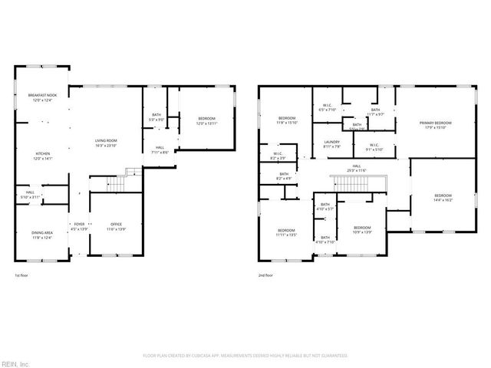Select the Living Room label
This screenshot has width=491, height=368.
[x=106, y=143]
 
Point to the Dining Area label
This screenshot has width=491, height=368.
[x=42, y=235]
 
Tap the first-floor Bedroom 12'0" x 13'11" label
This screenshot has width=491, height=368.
[x=207, y=120]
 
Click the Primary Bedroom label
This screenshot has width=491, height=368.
[x=435, y=125]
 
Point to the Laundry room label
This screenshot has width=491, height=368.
[x=331, y=143]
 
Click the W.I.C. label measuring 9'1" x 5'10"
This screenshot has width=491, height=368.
[x=374, y=146]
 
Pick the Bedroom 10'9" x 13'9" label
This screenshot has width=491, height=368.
[x=362, y=229]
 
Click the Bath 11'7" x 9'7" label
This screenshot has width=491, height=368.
[x=375, y=112]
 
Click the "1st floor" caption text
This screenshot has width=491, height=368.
[x=23, y=274]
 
